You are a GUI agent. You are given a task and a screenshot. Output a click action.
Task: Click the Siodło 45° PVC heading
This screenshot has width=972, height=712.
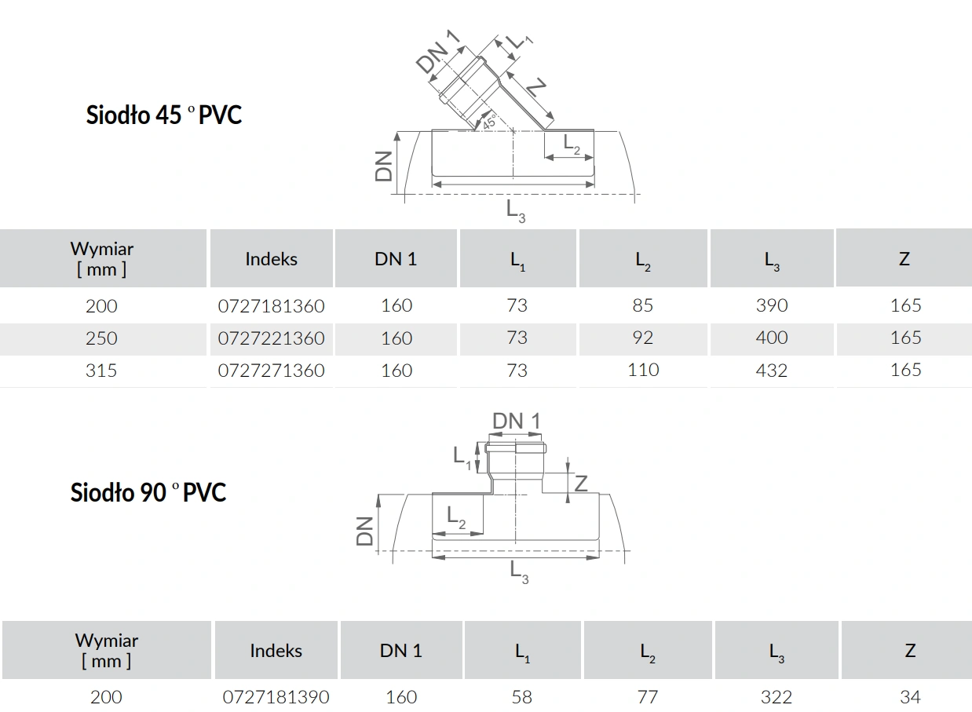coord(163,115)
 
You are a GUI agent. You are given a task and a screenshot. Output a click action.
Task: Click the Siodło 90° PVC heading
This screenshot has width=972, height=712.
coord(148,492)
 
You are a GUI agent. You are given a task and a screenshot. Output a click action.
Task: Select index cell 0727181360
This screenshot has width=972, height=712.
coord(271,306)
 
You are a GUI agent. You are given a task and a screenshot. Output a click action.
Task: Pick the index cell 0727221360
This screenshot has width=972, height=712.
coord(271,338)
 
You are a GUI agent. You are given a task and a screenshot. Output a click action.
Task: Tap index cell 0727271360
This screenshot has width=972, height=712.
coord(271,371)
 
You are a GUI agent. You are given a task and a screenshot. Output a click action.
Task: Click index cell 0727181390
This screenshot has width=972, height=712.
coord(276,697)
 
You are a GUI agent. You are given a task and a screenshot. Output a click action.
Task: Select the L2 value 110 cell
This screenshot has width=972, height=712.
coord(643,370)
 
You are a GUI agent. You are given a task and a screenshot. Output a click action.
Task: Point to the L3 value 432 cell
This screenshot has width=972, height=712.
coord(772,371)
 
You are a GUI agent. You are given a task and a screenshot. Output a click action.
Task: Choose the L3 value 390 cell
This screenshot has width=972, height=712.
coord(772,305)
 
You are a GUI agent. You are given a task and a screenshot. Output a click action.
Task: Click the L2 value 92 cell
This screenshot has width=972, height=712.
coord(643,338)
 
